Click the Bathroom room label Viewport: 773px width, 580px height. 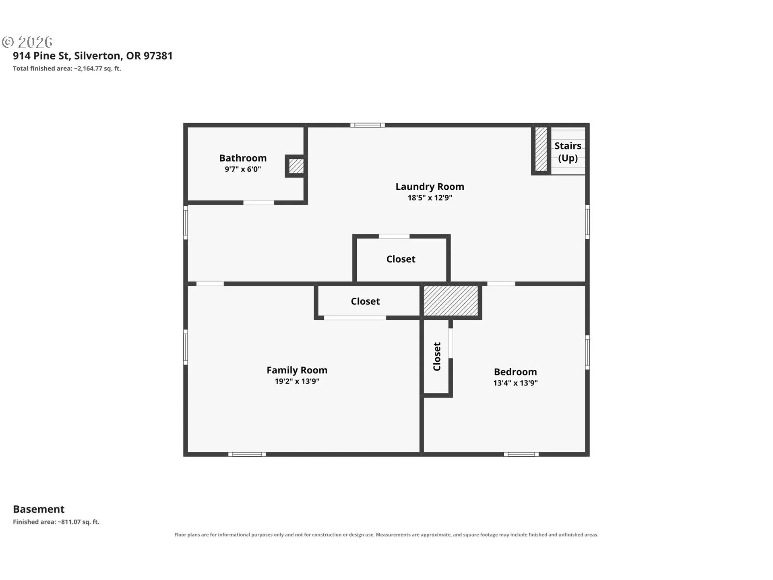(243, 158)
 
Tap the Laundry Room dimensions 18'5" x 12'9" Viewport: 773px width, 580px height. (430, 198)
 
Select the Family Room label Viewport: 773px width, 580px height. (297, 370)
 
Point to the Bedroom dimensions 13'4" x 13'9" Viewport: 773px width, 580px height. (515, 383)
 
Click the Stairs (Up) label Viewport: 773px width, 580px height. (568, 152)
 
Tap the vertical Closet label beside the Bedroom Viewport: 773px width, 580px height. (437, 356)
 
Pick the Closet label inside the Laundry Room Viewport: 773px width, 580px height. (401, 259)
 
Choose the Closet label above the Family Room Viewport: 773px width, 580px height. (365, 301)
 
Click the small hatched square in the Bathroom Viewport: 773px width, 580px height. (296, 166)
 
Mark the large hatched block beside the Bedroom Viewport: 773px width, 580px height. (451, 301)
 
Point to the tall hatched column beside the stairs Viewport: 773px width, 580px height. (541, 149)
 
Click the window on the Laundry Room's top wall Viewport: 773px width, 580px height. (367, 125)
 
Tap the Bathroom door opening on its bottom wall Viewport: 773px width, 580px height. (259, 203)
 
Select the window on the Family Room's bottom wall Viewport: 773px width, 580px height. (247, 454)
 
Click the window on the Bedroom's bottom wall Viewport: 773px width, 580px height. (521, 454)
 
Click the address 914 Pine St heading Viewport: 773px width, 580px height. (93, 56)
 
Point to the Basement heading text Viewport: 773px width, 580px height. (39, 509)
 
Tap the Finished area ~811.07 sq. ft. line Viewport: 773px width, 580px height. (56, 522)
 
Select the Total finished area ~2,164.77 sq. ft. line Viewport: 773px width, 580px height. (67, 68)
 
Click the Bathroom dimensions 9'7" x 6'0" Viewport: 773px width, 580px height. (243, 169)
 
